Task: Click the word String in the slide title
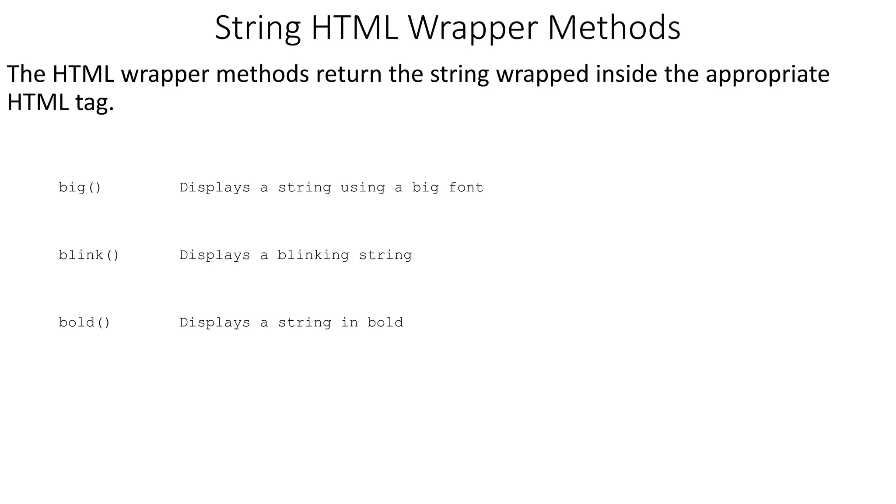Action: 258,28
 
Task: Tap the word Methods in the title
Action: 613,28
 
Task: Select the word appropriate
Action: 767,74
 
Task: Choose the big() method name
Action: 80,188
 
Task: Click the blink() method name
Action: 89,255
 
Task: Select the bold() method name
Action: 84,322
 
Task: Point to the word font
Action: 466,188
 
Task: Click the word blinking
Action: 313,255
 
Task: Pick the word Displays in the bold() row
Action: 215,322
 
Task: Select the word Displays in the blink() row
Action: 215,255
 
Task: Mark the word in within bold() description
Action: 349,322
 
